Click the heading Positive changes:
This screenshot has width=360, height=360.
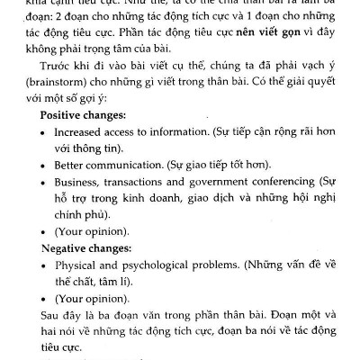(82, 116)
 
